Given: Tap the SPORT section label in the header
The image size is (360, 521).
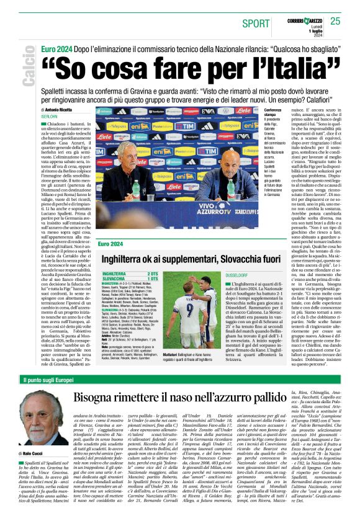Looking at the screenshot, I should (256, 24).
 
